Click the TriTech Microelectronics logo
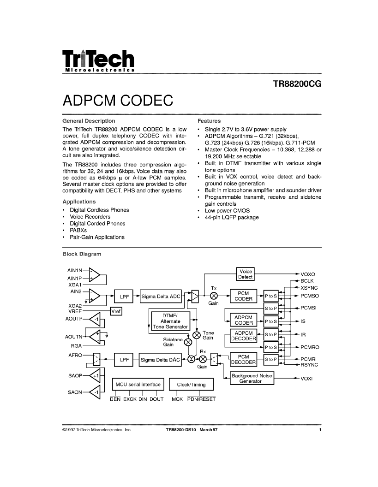98,61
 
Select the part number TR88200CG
297,84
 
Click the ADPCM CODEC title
118,101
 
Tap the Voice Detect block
245,274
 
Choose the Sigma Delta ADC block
161,297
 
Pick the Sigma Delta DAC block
160,360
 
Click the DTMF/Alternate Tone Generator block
170,321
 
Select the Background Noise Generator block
252,378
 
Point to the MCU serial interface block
138,385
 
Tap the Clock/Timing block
191,385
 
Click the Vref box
116,311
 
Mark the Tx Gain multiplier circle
214,296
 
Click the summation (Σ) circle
192,359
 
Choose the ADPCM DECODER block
244,336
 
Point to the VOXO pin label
308,274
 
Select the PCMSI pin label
308,308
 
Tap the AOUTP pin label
74,319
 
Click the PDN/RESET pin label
201,399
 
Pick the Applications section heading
79,202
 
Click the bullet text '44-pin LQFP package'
232,217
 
